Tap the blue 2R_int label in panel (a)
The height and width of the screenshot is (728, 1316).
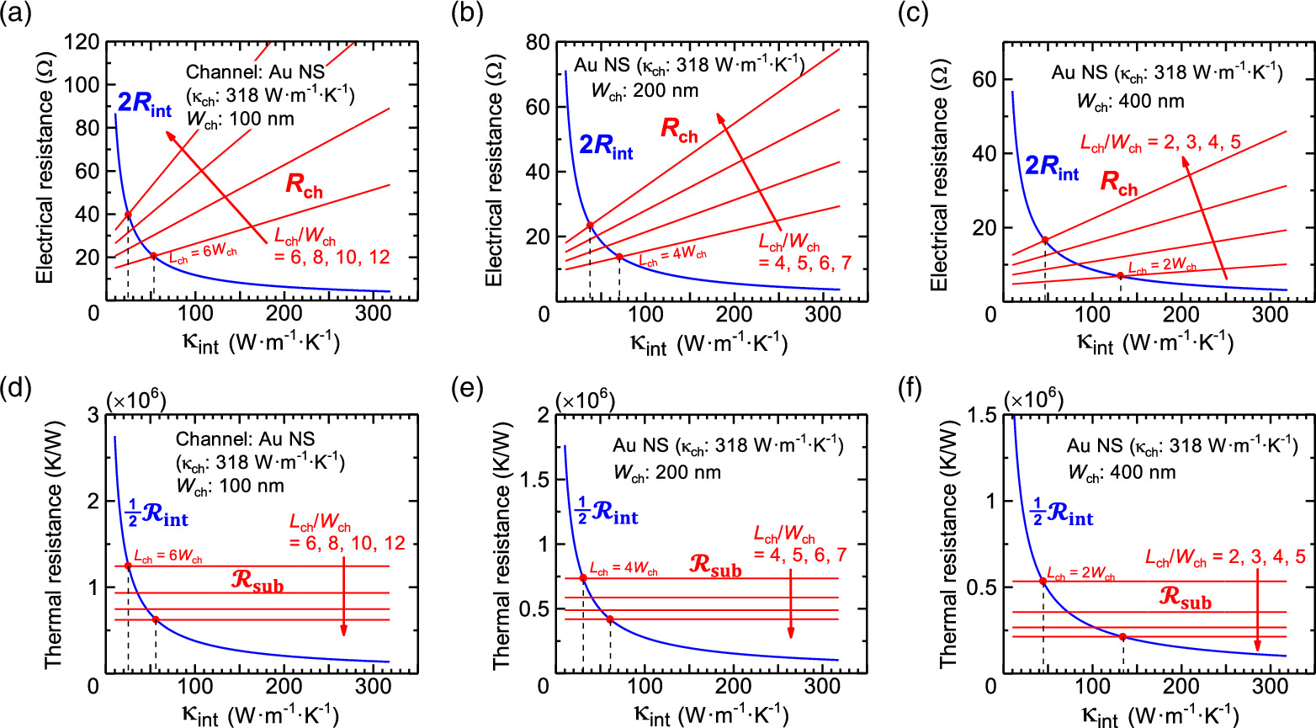[x=144, y=104]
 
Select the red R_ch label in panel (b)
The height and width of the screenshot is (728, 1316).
[x=679, y=130]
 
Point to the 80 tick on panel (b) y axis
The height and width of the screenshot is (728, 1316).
[x=538, y=42]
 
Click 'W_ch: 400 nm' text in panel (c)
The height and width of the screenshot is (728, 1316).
[x=1130, y=102]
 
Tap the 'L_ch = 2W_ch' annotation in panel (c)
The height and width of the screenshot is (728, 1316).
[x=1162, y=267]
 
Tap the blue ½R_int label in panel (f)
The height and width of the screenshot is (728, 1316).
[x=1062, y=513]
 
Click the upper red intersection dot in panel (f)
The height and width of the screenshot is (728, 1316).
[x=1043, y=581]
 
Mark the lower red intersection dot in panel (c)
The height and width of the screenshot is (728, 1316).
[x=1120, y=276]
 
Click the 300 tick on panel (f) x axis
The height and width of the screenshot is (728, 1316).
[x=1271, y=688]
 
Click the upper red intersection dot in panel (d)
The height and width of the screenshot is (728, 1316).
[x=128, y=566]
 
